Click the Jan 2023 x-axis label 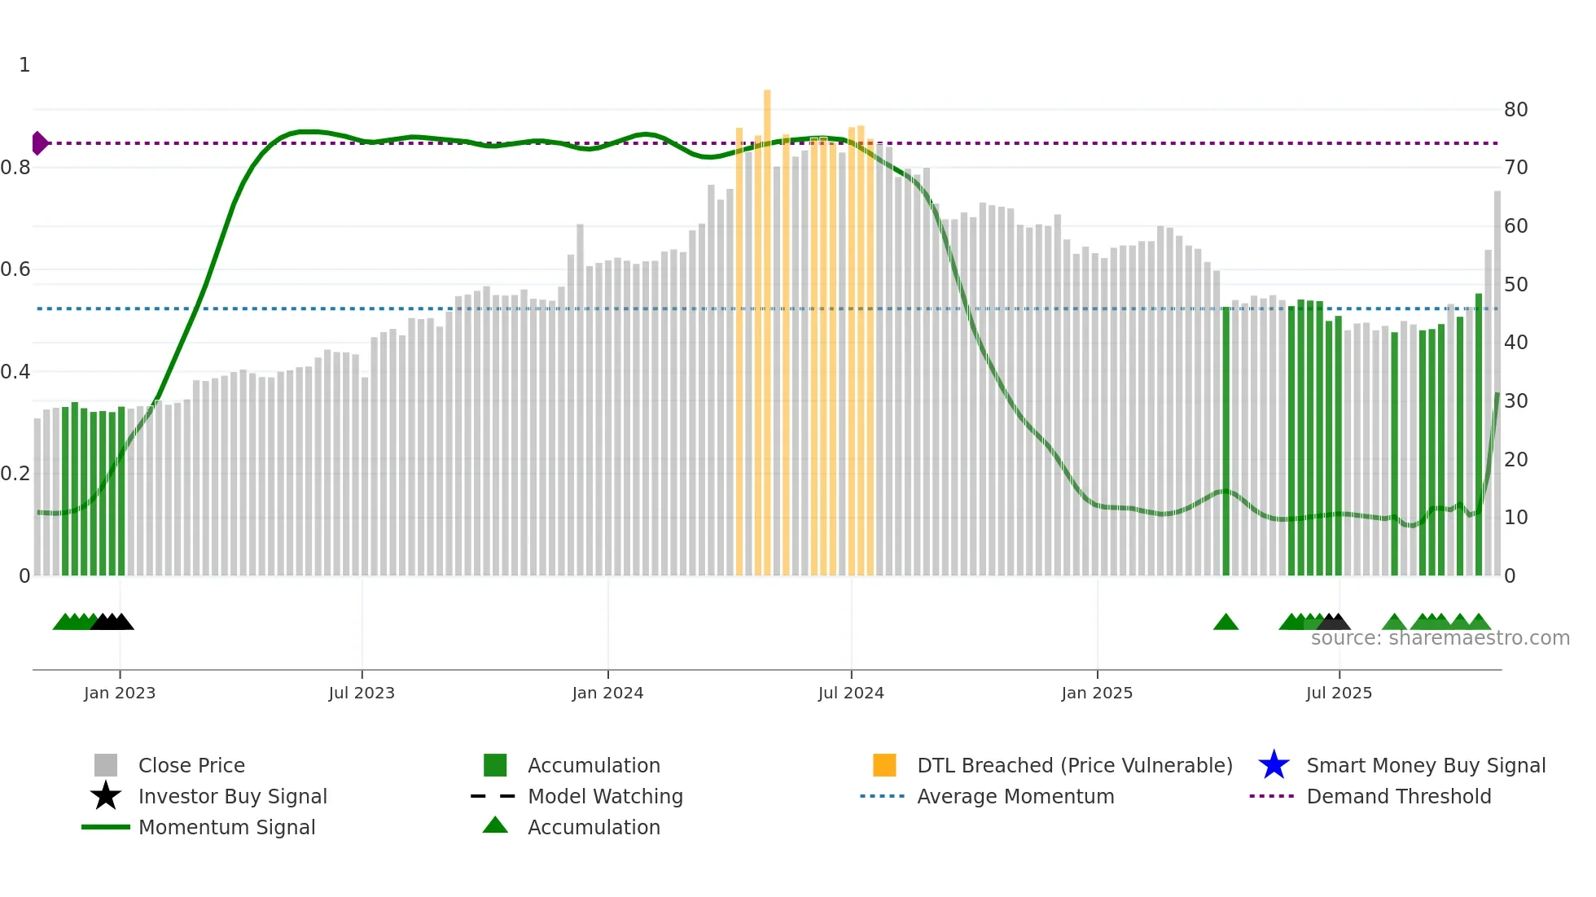tap(120, 693)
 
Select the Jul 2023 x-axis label tap(362, 693)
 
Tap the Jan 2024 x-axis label tap(607, 693)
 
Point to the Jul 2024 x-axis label tap(851, 693)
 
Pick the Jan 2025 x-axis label tap(1097, 693)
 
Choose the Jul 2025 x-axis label tap(1339, 693)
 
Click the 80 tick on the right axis tap(1515, 109)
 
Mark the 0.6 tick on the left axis tap(16, 269)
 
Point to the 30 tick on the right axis tap(1515, 401)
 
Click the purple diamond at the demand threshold tap(39, 143)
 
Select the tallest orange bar tap(767, 326)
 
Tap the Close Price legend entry tap(191, 765)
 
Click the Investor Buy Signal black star tap(106, 796)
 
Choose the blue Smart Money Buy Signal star tap(1274, 765)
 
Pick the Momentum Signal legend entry tap(226, 827)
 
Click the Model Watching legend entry tap(605, 796)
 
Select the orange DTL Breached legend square tap(884, 765)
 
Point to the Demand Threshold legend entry tap(1398, 796)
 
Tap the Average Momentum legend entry tap(1015, 796)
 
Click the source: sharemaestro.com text tap(1440, 638)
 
